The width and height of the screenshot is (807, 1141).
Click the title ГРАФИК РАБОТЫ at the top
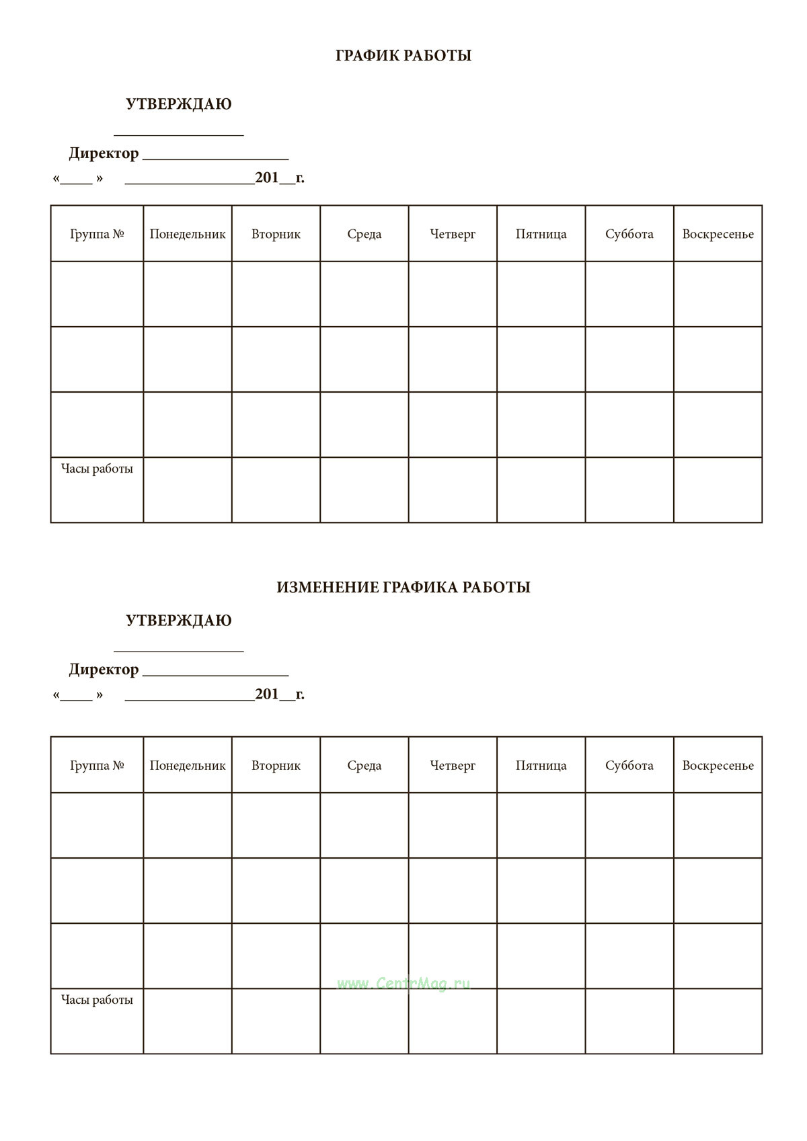(x=403, y=56)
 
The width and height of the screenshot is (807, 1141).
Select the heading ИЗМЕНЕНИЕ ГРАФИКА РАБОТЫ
(x=403, y=587)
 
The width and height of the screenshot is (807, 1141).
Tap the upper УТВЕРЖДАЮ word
(x=179, y=104)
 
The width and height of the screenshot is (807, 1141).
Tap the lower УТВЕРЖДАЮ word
(x=179, y=621)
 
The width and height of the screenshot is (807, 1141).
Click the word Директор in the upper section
(x=104, y=153)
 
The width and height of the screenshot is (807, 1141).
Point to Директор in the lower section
(x=104, y=670)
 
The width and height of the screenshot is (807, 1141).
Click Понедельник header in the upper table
(x=188, y=234)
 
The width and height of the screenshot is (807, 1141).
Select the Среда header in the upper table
(x=364, y=234)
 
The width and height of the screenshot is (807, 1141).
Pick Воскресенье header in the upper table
(x=718, y=234)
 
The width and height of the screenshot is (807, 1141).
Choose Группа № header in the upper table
(x=97, y=234)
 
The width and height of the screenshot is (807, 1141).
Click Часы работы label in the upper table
(x=97, y=469)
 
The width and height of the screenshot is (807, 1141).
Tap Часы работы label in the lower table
(x=97, y=1000)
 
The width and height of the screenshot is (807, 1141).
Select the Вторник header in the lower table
(x=276, y=765)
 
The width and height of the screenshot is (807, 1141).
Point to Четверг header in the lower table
(x=453, y=765)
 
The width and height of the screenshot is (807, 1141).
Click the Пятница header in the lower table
(x=541, y=765)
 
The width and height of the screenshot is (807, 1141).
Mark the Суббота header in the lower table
(x=629, y=765)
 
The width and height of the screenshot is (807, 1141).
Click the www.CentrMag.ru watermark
(x=403, y=984)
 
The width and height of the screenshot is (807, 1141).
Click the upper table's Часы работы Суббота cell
(x=629, y=490)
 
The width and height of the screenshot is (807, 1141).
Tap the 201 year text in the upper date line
(x=267, y=178)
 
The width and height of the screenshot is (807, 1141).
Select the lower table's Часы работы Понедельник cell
(x=188, y=1021)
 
